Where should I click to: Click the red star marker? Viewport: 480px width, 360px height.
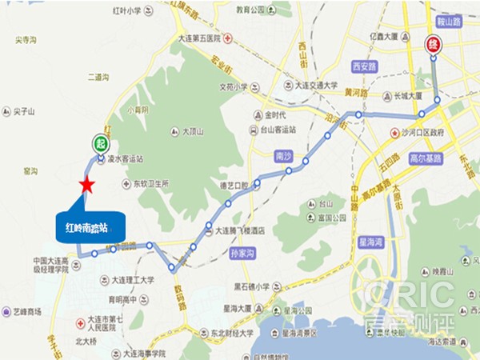tap(86, 186)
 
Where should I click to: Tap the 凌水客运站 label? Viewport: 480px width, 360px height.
tap(125, 159)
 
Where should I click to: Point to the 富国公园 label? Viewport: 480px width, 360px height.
tap(330, 218)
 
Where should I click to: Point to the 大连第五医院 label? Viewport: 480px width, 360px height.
tap(197, 38)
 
